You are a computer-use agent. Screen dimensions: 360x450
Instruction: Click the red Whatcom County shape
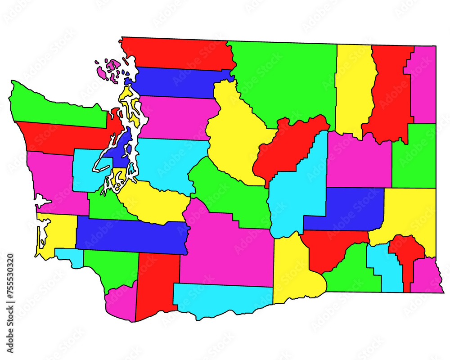(178, 53)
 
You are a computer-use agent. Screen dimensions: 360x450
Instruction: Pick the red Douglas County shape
(288, 146)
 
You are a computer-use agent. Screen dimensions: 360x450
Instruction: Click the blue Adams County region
(344, 208)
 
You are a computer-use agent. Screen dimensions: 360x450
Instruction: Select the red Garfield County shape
(407, 256)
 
